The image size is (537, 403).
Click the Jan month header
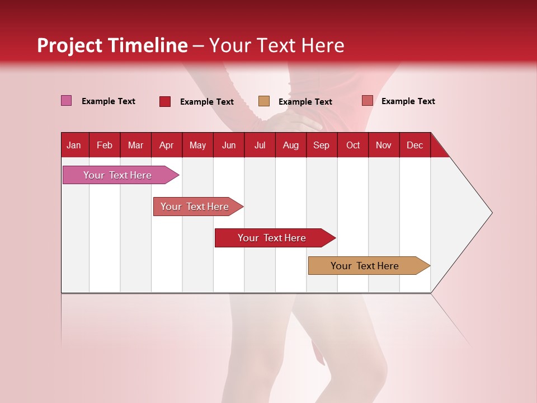(74, 145)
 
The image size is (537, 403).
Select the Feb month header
(105, 145)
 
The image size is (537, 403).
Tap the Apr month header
(166, 145)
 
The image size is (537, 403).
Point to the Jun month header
(229, 145)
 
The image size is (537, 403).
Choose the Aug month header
(290, 145)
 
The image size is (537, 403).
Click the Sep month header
(321, 145)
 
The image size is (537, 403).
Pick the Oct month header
(353, 145)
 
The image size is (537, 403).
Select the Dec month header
(414, 145)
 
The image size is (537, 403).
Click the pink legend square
(67, 101)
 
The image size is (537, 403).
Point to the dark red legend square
(165, 101)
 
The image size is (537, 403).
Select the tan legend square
(264, 101)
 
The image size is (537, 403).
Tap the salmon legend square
(367, 101)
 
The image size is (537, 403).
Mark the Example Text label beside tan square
(305, 102)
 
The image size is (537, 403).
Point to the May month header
(197, 145)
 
